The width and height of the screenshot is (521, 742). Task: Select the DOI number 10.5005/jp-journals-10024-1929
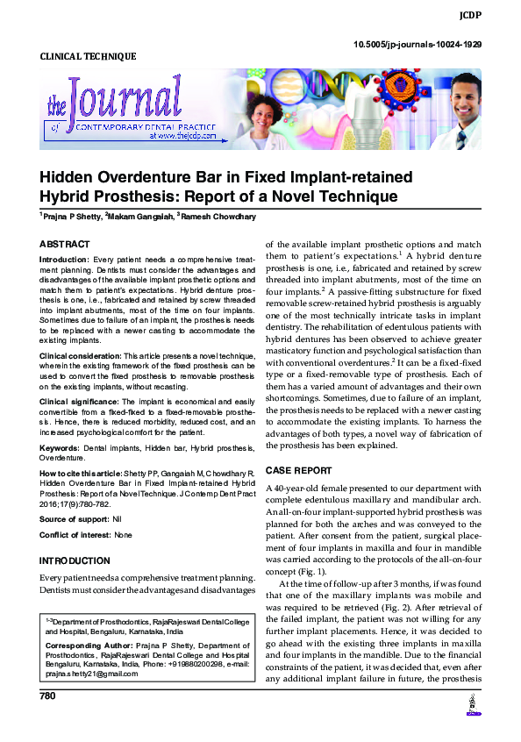[x=417, y=44]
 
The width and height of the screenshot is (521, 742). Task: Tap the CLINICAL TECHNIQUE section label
[x=88, y=57]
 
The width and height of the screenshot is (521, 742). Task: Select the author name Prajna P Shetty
[x=71, y=216]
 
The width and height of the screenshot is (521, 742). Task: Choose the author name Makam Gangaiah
[x=139, y=216]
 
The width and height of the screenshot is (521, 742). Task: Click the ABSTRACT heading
[x=64, y=244]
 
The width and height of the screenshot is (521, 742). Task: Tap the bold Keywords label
[x=59, y=447]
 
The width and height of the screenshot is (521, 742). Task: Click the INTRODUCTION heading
[x=76, y=560]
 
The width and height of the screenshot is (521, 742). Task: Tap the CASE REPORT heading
[x=298, y=470]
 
